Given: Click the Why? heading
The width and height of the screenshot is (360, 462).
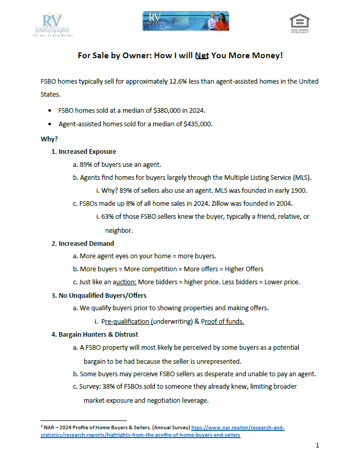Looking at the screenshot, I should [49, 139].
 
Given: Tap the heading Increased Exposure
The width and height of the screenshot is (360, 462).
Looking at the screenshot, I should [87, 152].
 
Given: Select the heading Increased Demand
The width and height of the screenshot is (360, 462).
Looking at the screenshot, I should [86, 243].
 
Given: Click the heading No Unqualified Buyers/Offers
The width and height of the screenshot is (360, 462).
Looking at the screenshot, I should [102, 295].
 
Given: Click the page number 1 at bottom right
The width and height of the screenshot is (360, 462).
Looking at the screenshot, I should [317, 445].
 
